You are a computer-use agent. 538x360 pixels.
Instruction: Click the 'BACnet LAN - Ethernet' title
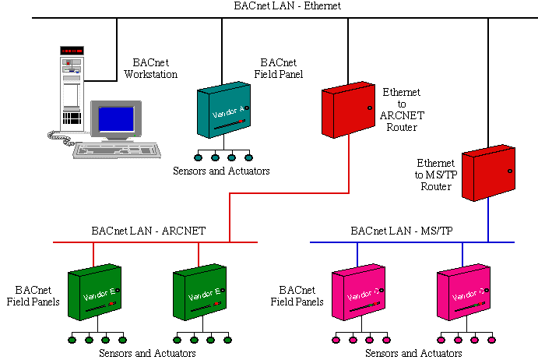coord(287,6)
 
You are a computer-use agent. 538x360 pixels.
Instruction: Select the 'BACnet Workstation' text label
coord(150,69)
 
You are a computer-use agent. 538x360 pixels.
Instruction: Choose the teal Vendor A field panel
coord(223,114)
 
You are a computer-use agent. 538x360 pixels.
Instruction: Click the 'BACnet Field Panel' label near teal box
coord(281,69)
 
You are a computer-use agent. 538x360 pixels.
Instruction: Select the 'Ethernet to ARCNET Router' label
coord(401,110)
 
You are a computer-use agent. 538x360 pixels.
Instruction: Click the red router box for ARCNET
coord(348,110)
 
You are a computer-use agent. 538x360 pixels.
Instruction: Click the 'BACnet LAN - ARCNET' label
coord(148,231)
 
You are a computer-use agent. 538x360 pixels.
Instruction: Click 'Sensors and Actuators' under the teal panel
coord(222,171)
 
